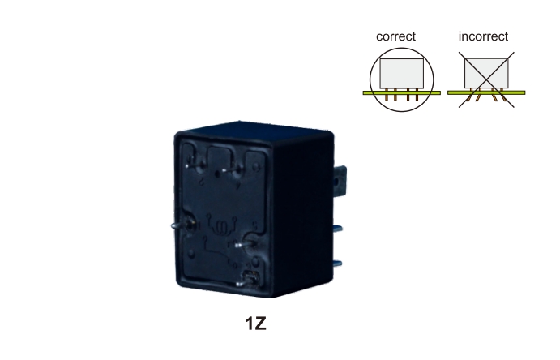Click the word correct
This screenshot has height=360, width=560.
(395, 36)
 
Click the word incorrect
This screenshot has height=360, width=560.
(483, 36)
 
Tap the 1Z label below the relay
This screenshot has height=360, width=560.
(256, 324)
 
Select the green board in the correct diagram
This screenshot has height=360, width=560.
(402, 93)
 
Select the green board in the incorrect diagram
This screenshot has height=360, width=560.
(486, 93)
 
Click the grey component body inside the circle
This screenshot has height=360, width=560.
(402, 73)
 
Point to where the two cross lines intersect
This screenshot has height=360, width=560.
(486, 79)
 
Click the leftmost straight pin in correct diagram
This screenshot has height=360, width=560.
(386, 95)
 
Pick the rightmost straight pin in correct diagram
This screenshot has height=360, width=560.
(417, 95)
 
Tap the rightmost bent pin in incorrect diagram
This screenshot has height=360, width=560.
(502, 95)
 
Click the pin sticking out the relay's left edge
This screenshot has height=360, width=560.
(181, 225)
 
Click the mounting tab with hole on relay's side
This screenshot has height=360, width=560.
(340, 182)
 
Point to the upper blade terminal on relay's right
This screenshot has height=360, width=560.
(337, 228)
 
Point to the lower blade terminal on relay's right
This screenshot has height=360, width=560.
(337, 264)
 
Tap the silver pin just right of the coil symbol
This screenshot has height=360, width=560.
(245, 245)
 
